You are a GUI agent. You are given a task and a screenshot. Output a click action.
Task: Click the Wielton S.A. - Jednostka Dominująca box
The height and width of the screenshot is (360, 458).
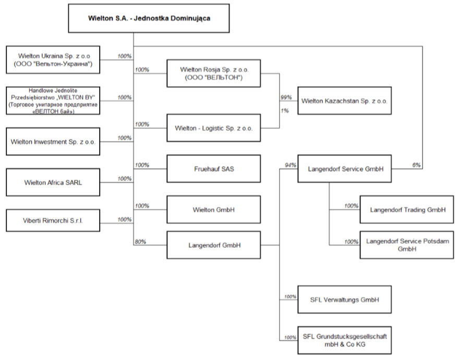tap(149, 18)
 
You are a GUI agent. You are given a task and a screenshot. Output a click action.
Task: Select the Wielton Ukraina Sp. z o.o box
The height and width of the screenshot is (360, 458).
tap(53, 59)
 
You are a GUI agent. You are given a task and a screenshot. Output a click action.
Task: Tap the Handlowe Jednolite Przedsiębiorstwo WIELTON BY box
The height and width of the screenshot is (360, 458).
tap(53, 101)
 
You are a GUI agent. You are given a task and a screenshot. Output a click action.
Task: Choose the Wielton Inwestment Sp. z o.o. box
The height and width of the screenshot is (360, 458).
tap(53, 141)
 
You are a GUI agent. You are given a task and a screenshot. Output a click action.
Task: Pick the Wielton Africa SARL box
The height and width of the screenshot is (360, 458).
tap(53, 182)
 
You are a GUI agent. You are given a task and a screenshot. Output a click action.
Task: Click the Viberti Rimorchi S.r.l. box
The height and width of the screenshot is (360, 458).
tap(53, 220)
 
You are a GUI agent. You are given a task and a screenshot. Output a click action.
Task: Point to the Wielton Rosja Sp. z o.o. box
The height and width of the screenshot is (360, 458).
tap(213, 74)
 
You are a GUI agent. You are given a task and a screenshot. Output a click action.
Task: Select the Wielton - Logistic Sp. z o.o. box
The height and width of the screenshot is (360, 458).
tap(213, 128)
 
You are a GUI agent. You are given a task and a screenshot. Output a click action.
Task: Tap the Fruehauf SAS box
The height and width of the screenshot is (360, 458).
tap(213, 169)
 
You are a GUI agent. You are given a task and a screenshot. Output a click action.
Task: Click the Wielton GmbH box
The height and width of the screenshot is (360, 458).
tap(213, 210)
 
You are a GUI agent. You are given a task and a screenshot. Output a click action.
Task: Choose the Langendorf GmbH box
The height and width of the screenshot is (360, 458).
tap(213, 245)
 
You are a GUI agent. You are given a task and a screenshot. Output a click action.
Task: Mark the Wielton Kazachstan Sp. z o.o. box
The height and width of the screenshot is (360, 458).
tap(344, 101)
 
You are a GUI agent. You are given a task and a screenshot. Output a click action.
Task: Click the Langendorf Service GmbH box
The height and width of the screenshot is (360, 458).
tap(344, 169)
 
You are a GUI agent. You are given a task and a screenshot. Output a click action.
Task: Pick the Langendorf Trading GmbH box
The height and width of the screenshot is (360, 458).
tap(406, 210)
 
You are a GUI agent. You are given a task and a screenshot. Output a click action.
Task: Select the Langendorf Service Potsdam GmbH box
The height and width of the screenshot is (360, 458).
tap(406, 245)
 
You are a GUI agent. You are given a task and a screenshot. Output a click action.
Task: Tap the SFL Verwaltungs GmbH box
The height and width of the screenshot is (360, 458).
tap(344, 299)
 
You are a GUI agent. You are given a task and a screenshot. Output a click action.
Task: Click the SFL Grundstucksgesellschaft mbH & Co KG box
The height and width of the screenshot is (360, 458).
tap(344, 340)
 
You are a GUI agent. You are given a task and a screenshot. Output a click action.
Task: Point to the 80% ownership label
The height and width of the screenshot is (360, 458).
tap(140, 242)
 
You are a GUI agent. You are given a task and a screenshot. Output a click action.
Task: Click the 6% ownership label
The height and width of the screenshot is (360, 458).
tap(416, 165)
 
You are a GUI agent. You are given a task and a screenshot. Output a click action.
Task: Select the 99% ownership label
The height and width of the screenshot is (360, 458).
tap(286, 98)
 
